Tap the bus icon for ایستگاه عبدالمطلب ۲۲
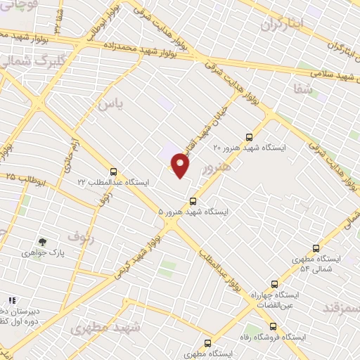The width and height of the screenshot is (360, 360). coord(113,171)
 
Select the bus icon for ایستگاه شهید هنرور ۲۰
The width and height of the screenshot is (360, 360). coord(247,137)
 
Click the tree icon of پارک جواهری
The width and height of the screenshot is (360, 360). coord(43,241)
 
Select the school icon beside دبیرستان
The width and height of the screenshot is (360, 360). coord(11,299)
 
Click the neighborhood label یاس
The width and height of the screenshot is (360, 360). coord(114,103)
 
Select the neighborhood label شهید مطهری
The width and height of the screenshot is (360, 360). coord(106,327)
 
